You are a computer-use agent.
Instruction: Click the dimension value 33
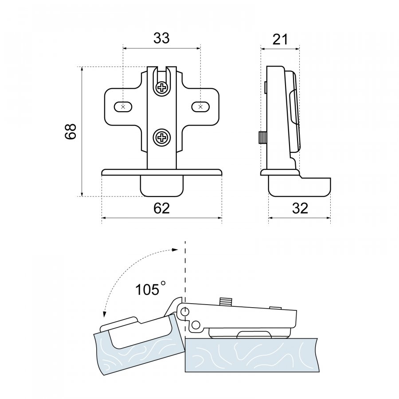161,39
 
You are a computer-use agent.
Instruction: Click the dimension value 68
71,132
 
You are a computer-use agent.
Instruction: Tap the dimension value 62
161,208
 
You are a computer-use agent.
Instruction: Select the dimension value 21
280,39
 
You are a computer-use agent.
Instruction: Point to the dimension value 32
300,208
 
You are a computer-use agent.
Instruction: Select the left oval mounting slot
123,107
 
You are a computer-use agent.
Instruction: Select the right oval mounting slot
200,107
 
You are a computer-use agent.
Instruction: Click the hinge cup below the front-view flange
162,185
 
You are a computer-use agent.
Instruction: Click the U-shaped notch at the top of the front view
162,73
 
